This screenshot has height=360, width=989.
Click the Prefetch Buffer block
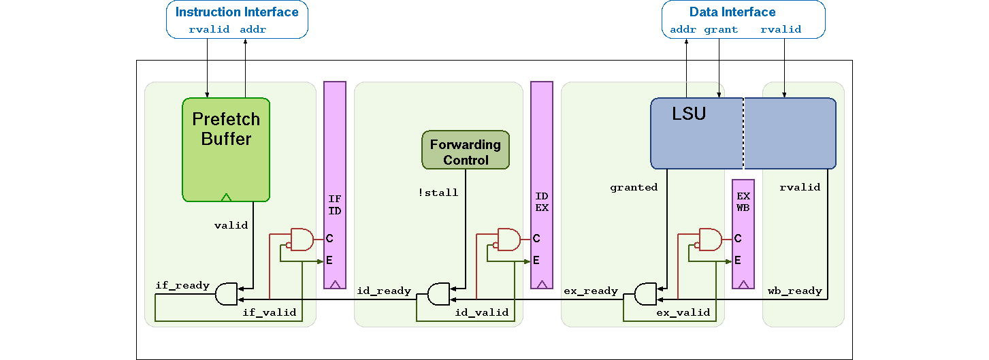(226, 149)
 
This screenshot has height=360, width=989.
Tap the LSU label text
(689, 114)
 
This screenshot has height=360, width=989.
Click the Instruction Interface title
(237, 12)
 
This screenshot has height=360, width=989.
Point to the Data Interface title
(732, 12)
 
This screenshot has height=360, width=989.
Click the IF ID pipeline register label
(335, 205)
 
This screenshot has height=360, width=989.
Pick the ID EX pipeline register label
(542, 202)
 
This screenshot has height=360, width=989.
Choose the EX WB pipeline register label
(743, 202)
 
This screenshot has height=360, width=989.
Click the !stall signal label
(438, 193)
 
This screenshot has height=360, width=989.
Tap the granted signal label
(634, 187)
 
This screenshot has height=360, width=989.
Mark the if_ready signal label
(182, 285)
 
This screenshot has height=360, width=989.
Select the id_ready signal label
(384, 291)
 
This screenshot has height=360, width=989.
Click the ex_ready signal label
(591, 291)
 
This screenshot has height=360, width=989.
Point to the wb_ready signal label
(795, 291)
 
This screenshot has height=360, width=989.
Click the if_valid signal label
(270, 312)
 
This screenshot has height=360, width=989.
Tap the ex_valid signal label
(683, 312)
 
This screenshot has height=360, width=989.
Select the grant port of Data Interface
(721, 29)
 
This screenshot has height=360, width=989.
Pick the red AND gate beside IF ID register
(302, 239)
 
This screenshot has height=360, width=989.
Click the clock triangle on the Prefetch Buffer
(226, 197)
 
